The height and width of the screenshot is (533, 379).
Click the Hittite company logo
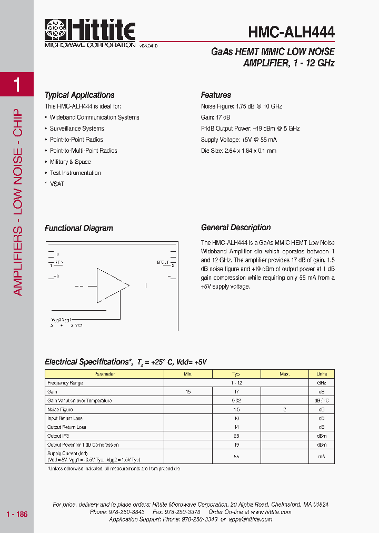pos(90,32)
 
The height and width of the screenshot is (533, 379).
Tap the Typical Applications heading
pos(79,95)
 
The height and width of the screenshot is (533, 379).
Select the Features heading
pos(216,95)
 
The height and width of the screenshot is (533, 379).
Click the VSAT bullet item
pos(57,184)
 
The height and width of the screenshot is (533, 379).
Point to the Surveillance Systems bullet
pos(77,129)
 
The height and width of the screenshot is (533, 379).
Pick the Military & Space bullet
pos(70,162)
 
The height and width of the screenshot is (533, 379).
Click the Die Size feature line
pos(238,151)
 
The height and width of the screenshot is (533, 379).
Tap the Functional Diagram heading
pos(79,229)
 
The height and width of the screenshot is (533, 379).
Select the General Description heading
pos(236,228)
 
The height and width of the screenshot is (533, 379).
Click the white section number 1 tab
pos(17,84)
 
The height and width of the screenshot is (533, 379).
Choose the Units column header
pos(321,374)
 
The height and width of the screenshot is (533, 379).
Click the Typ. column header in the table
pos(236,374)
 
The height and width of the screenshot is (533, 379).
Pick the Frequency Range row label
pos(65,383)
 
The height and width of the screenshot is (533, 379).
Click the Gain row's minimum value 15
pos(188,392)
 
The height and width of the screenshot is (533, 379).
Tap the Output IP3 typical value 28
pos(236,436)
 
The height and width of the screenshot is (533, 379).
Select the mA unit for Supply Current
pos(321,456)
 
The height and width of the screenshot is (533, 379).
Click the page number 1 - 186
pos(17,514)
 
